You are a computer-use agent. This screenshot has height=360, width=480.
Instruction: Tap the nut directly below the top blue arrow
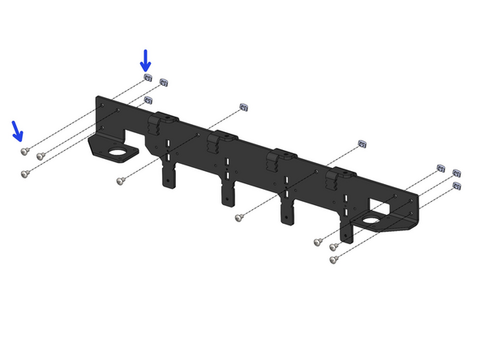[x=148, y=76]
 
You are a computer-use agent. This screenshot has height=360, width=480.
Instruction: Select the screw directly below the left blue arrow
[x=25, y=151]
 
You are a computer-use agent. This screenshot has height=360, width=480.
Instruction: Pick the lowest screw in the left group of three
[x=25, y=173]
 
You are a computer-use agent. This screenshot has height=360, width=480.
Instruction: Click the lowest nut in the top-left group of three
[x=148, y=100]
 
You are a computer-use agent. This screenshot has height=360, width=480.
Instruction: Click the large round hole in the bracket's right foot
[x=372, y=219]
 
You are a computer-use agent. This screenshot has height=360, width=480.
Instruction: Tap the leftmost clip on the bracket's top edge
[x=162, y=124]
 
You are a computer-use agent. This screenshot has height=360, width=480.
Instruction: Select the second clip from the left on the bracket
[x=216, y=143]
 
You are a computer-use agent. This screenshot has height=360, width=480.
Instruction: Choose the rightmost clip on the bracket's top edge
[x=336, y=179]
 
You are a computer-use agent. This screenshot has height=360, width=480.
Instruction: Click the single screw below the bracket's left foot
[x=121, y=181]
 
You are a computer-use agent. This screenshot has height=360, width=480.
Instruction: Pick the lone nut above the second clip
[x=244, y=107]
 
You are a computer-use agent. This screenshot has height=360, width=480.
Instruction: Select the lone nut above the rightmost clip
[x=362, y=144]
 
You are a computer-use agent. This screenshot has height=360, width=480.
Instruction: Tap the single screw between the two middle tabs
[x=239, y=217]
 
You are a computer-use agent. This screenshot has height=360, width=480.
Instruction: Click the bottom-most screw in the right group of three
[x=333, y=260]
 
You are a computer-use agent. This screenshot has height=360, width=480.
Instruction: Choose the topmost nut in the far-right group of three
[x=440, y=167]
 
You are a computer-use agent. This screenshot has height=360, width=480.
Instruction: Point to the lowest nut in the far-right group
[x=456, y=186]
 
